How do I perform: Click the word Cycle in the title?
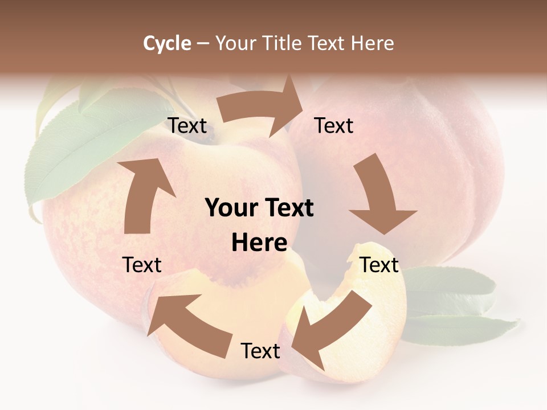point(167,43)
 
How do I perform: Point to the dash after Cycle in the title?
point(203,43)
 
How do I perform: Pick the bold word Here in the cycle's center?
point(259,243)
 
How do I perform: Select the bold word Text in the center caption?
point(288,208)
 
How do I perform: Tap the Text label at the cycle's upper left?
point(187,126)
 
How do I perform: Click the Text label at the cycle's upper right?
point(334,125)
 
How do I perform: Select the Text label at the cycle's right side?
point(379,265)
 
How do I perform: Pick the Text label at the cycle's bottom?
point(260,351)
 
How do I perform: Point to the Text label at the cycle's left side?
point(142,265)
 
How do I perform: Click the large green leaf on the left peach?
point(80,148)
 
